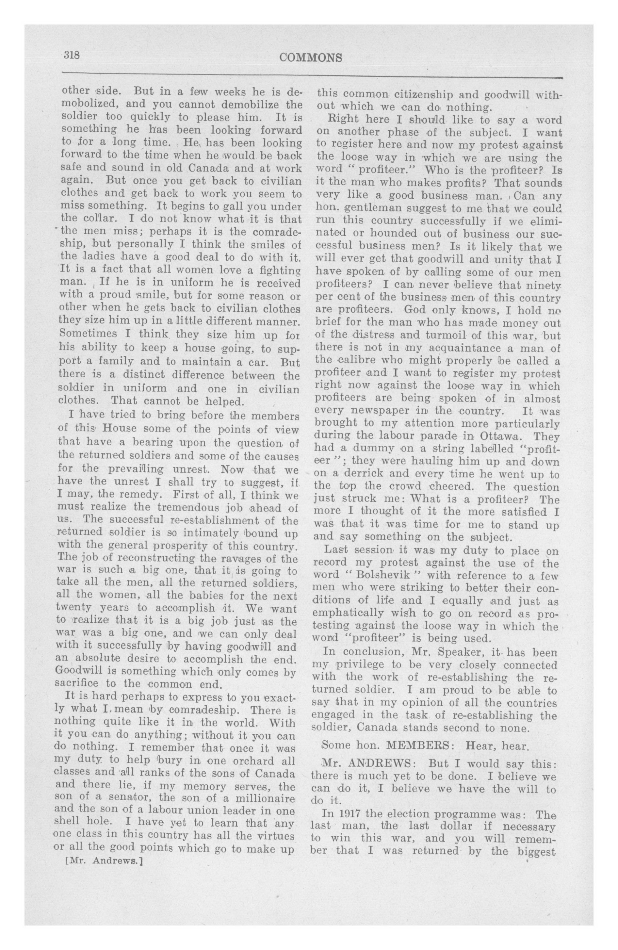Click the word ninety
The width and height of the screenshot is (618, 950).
(x=537, y=285)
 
